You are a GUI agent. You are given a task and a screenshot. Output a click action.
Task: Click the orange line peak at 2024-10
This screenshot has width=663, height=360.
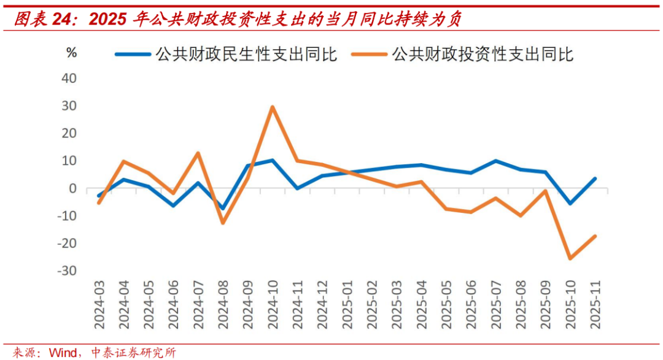pos(272,107)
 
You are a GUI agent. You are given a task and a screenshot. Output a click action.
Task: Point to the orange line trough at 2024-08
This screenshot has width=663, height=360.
pos(222,223)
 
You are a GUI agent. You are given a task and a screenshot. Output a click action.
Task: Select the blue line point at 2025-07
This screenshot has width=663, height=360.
pos(495,161)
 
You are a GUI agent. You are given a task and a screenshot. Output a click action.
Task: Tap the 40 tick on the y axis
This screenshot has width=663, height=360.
pos(69,79)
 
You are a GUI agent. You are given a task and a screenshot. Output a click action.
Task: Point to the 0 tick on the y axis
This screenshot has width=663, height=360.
pos(72,188)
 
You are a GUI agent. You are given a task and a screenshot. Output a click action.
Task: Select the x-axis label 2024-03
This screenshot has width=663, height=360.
pos(99,305)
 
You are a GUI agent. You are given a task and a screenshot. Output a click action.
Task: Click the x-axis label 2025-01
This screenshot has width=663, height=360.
pos(347,305)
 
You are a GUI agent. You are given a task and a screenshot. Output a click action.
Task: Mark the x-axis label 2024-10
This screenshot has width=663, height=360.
pos(273,305)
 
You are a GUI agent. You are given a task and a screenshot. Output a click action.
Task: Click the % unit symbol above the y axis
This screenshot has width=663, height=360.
pos(72,53)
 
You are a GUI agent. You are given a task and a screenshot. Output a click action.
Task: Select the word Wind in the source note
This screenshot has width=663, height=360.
pos(63,352)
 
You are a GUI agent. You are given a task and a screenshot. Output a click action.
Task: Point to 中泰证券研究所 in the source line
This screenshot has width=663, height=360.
pos(133,352)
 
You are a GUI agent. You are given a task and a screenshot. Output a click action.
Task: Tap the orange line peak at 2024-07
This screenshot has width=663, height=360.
pos(198,153)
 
